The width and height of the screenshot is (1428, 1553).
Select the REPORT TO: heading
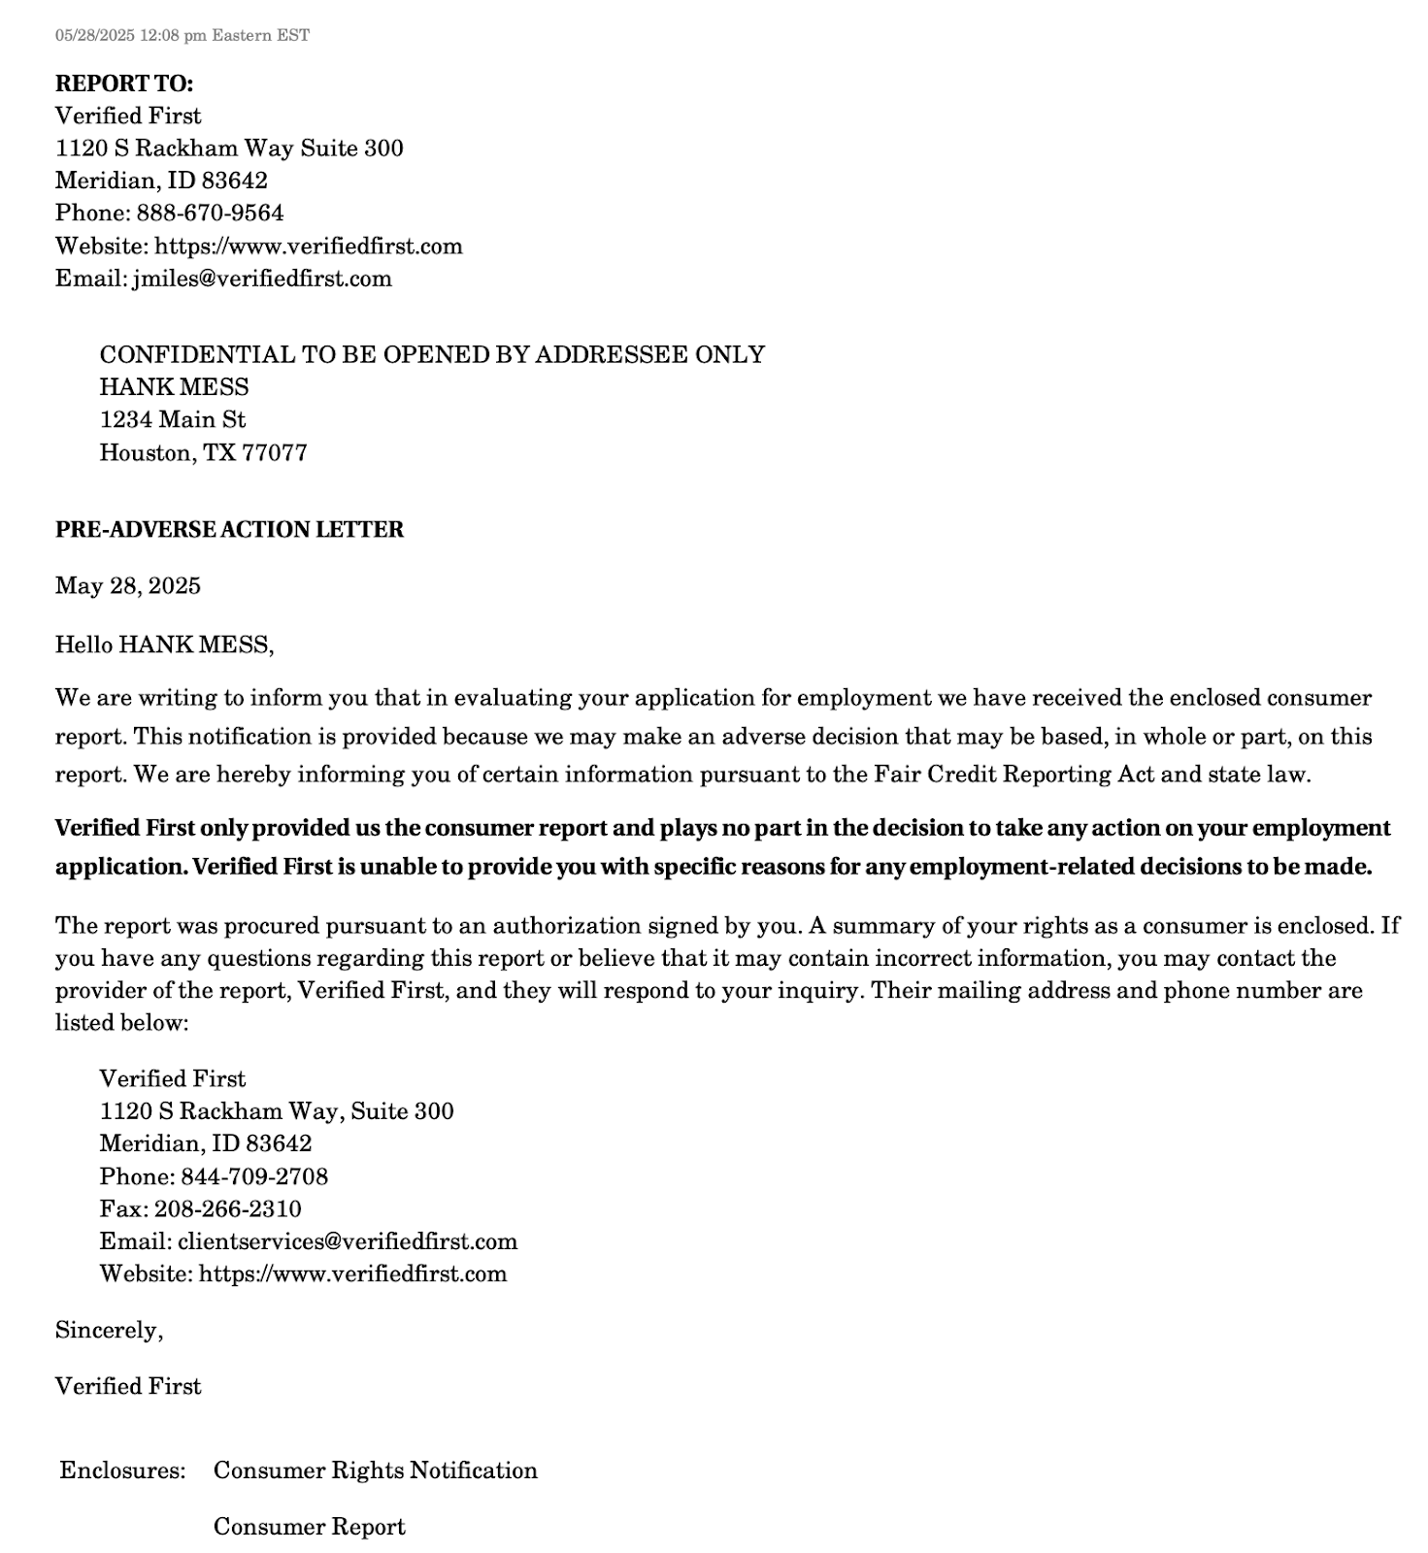pyautogui.click(x=123, y=83)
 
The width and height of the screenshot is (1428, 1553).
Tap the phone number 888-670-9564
pyautogui.click(x=210, y=213)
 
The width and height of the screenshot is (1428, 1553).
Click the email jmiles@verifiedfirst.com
pyautogui.click(x=262, y=279)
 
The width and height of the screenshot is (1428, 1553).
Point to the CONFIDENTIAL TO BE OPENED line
pyautogui.click(x=432, y=354)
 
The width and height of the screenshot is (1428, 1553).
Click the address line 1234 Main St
pyautogui.click(x=172, y=419)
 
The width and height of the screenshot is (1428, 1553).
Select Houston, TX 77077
pyautogui.click(x=203, y=452)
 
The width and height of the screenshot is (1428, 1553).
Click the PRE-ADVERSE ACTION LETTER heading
pyautogui.click(x=229, y=529)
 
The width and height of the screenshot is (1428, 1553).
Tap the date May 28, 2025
pyautogui.click(x=127, y=585)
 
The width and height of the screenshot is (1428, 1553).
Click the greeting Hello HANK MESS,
pyautogui.click(x=164, y=644)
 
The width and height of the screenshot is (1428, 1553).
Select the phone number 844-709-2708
pyautogui.click(x=254, y=1176)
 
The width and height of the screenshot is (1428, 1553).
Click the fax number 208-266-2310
pyautogui.click(x=227, y=1208)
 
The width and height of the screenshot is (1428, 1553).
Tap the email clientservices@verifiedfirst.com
pyautogui.click(x=347, y=1241)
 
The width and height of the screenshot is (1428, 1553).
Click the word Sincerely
pyautogui.click(x=108, y=1330)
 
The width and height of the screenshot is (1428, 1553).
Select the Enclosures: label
pyautogui.click(x=122, y=1470)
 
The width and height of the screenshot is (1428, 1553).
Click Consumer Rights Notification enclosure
pyautogui.click(x=375, y=1470)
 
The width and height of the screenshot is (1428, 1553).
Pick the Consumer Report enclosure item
pyautogui.click(x=309, y=1527)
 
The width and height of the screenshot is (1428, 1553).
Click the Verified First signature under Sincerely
pyautogui.click(x=127, y=1386)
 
